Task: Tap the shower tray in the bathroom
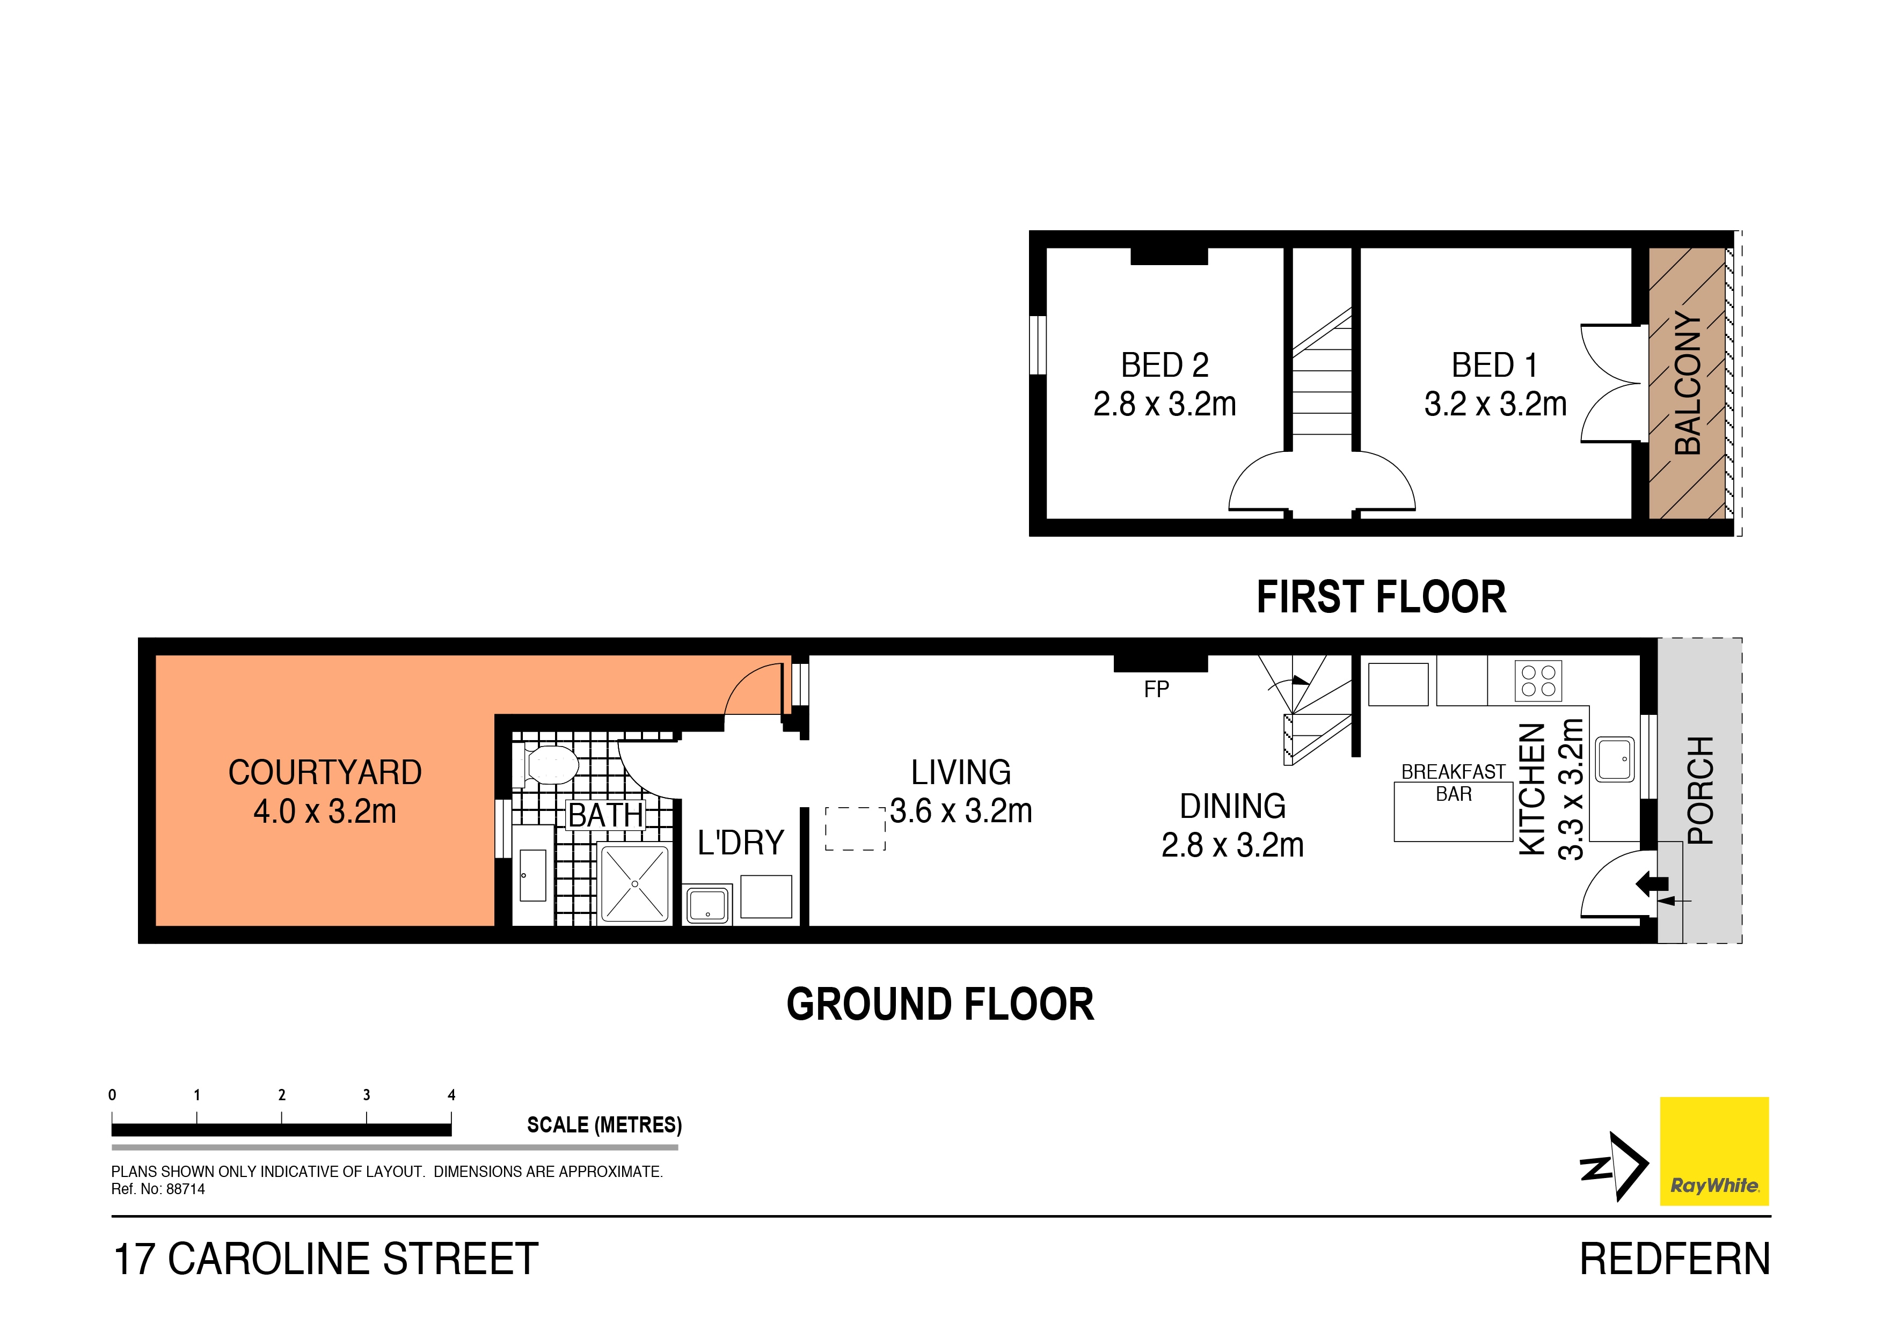coord(635,883)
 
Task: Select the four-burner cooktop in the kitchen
coord(1538,681)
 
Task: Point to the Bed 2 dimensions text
coord(1165,404)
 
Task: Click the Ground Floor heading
coord(940,1005)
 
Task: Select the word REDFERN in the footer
coord(1675,1260)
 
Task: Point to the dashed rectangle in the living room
coord(856,829)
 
